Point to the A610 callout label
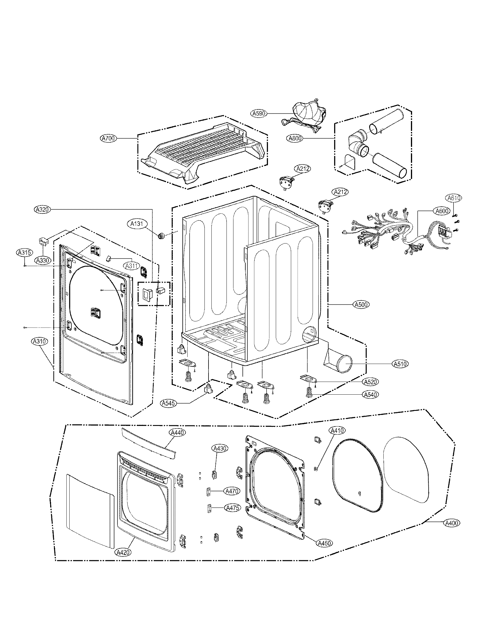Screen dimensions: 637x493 coord(454,198)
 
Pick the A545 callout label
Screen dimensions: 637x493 coord(168,403)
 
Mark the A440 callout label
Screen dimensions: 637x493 coord(177,433)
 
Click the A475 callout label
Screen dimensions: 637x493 coord(233,508)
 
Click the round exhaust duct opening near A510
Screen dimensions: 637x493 coord(344,364)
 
